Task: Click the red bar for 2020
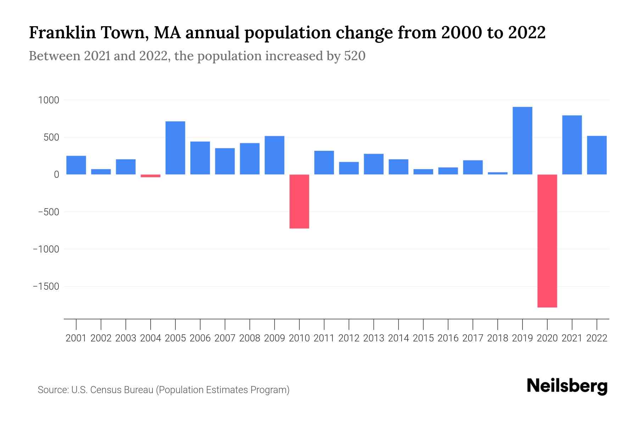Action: coord(547,241)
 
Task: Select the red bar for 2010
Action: coord(299,201)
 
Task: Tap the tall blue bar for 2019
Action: coord(522,141)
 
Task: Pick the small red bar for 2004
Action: coord(151,176)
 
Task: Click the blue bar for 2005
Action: coord(175,148)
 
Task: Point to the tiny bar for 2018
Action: coord(498,173)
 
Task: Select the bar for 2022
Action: coord(597,155)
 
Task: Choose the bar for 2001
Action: coord(76,165)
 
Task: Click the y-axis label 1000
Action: coord(49,100)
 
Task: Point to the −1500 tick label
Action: coord(46,286)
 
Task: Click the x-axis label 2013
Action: coord(374,338)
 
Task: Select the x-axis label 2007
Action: coord(225,338)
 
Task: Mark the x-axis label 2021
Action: coord(572,338)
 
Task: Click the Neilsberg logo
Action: coord(567,386)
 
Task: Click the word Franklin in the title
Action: coord(62,33)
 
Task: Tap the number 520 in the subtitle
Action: coord(355,56)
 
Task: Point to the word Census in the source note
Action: coord(103,390)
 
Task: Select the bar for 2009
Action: coord(274,155)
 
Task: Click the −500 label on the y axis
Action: coord(49,212)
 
